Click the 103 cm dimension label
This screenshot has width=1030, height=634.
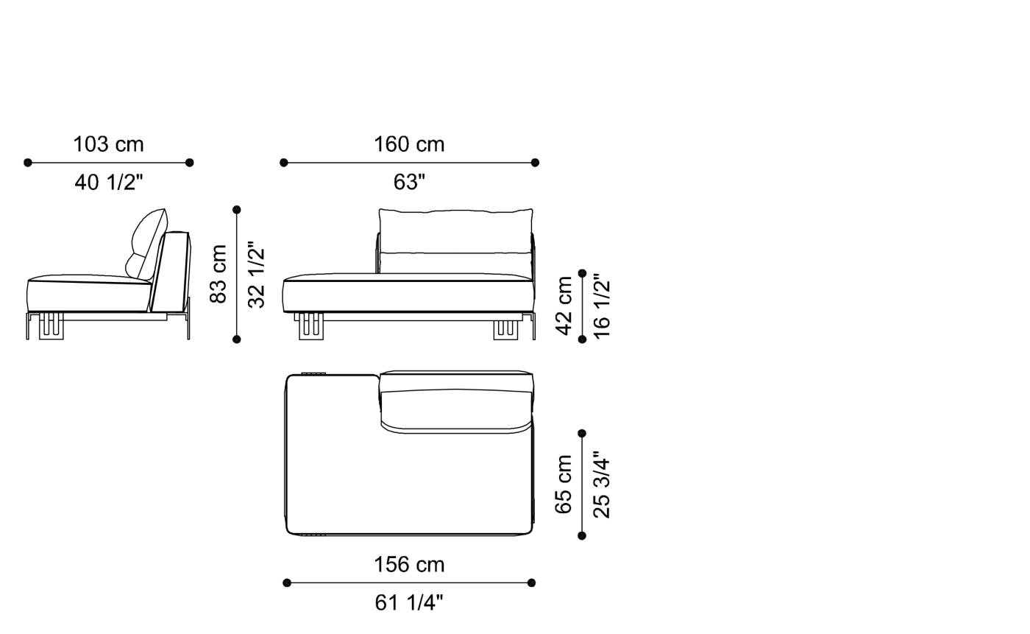(108, 144)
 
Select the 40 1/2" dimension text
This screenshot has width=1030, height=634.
(108, 182)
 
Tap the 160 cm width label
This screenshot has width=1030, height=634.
(409, 144)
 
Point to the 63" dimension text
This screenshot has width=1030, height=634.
(409, 182)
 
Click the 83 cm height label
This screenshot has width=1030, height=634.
(219, 274)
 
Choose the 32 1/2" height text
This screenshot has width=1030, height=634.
(256, 274)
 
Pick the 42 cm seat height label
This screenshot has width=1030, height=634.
(564, 306)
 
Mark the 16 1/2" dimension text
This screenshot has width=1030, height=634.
(602, 306)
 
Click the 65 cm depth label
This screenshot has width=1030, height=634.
(564, 485)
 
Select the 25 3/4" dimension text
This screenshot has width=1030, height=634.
(602, 485)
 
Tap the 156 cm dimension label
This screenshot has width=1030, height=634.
(409, 565)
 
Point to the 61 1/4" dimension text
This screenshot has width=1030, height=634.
(409, 602)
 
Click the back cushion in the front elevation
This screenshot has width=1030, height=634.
(455, 230)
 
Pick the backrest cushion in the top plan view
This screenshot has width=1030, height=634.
(456, 409)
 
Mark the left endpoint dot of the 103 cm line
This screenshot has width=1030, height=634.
(28, 163)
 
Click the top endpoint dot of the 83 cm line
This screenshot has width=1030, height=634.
(237, 210)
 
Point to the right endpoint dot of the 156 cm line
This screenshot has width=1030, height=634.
(532, 583)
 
